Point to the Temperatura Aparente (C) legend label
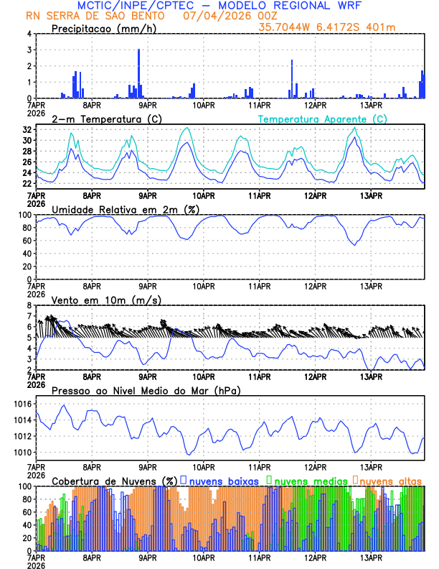pyautogui.click(x=322, y=119)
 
